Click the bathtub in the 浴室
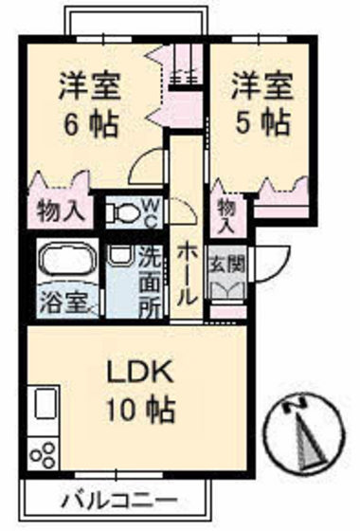(x=63, y=262)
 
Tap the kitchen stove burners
(x=43, y=453)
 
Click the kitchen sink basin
(x=45, y=406)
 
